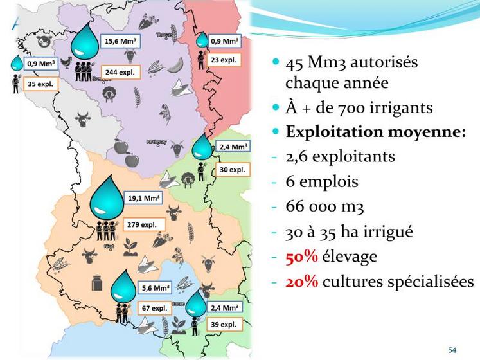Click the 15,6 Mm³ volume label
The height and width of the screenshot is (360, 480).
121,42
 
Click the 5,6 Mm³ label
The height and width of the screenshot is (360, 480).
156,289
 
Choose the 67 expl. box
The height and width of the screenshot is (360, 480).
156,308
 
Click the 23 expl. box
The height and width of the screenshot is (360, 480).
224,60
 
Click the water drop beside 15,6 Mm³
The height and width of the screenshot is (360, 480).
83,43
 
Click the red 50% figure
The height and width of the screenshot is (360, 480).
301,256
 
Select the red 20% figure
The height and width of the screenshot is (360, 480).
301,282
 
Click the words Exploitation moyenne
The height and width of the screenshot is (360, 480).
375,132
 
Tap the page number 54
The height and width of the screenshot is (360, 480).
452,350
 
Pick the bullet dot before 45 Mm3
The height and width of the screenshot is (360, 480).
276,62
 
